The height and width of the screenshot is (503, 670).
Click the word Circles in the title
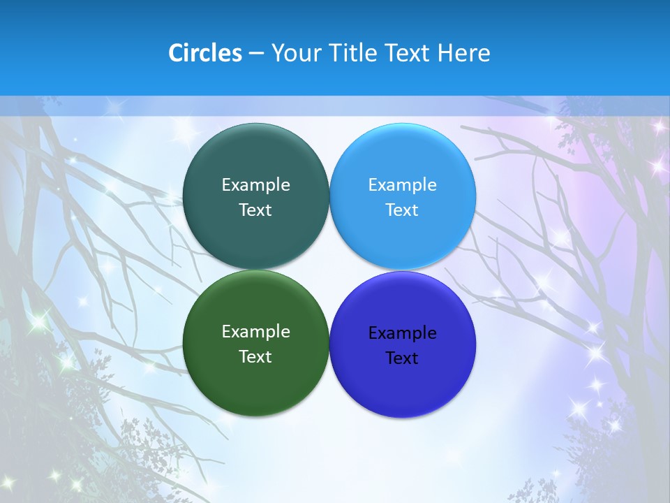(204, 53)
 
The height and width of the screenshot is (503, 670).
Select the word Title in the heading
(352, 53)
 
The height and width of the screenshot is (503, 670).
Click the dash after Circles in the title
(256, 54)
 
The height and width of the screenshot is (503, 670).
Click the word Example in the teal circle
(255, 185)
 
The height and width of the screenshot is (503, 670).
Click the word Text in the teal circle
(255, 210)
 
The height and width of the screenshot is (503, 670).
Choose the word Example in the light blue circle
(402, 185)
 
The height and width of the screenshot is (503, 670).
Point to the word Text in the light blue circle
(402, 210)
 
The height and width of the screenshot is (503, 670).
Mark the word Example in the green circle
(255, 332)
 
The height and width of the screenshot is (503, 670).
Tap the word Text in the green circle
(255, 357)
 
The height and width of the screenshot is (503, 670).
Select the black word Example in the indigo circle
(402, 333)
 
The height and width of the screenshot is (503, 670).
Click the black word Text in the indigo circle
(402, 358)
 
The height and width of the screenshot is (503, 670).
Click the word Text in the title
(408, 53)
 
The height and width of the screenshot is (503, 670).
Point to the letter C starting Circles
(175, 53)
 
